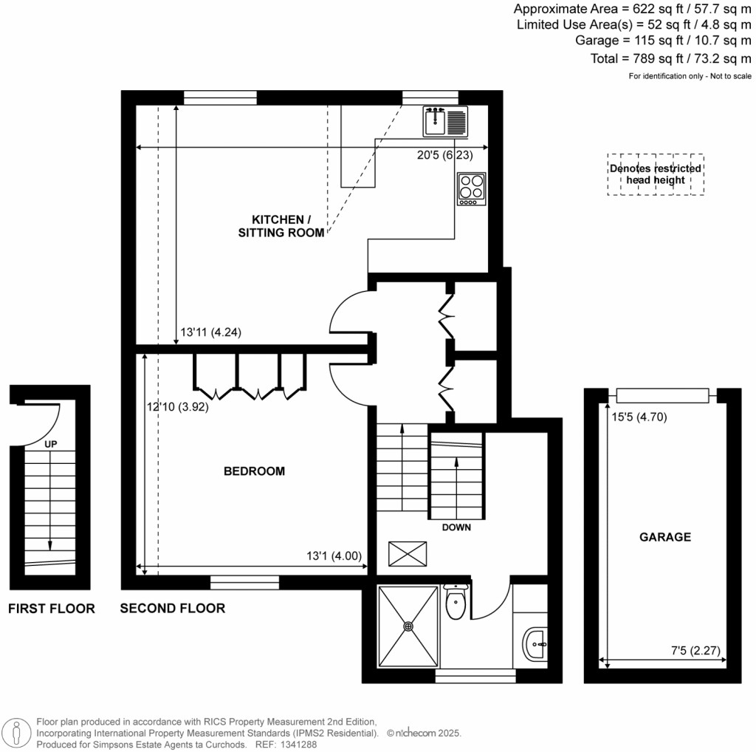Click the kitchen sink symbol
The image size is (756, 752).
(446, 121)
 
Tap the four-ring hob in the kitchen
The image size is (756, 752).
(471, 188)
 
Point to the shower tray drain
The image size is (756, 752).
(408, 626)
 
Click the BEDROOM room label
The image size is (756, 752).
(254, 471)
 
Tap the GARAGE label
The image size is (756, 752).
(664, 537)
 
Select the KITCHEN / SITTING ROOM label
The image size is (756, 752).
(278, 226)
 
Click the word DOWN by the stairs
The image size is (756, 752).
(456, 528)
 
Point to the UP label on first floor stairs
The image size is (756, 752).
(50, 445)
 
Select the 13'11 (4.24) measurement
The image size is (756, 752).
(211, 333)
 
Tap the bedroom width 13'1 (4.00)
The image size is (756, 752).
(334, 556)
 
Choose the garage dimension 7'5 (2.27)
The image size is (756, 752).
(695, 651)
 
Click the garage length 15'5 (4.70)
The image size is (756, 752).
(639, 416)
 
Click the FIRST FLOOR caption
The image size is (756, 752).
(51, 609)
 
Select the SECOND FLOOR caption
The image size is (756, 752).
(173, 609)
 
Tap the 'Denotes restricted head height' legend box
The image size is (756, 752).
(656, 174)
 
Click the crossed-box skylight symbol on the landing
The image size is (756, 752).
(408, 552)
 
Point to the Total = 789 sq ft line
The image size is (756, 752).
(672, 58)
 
